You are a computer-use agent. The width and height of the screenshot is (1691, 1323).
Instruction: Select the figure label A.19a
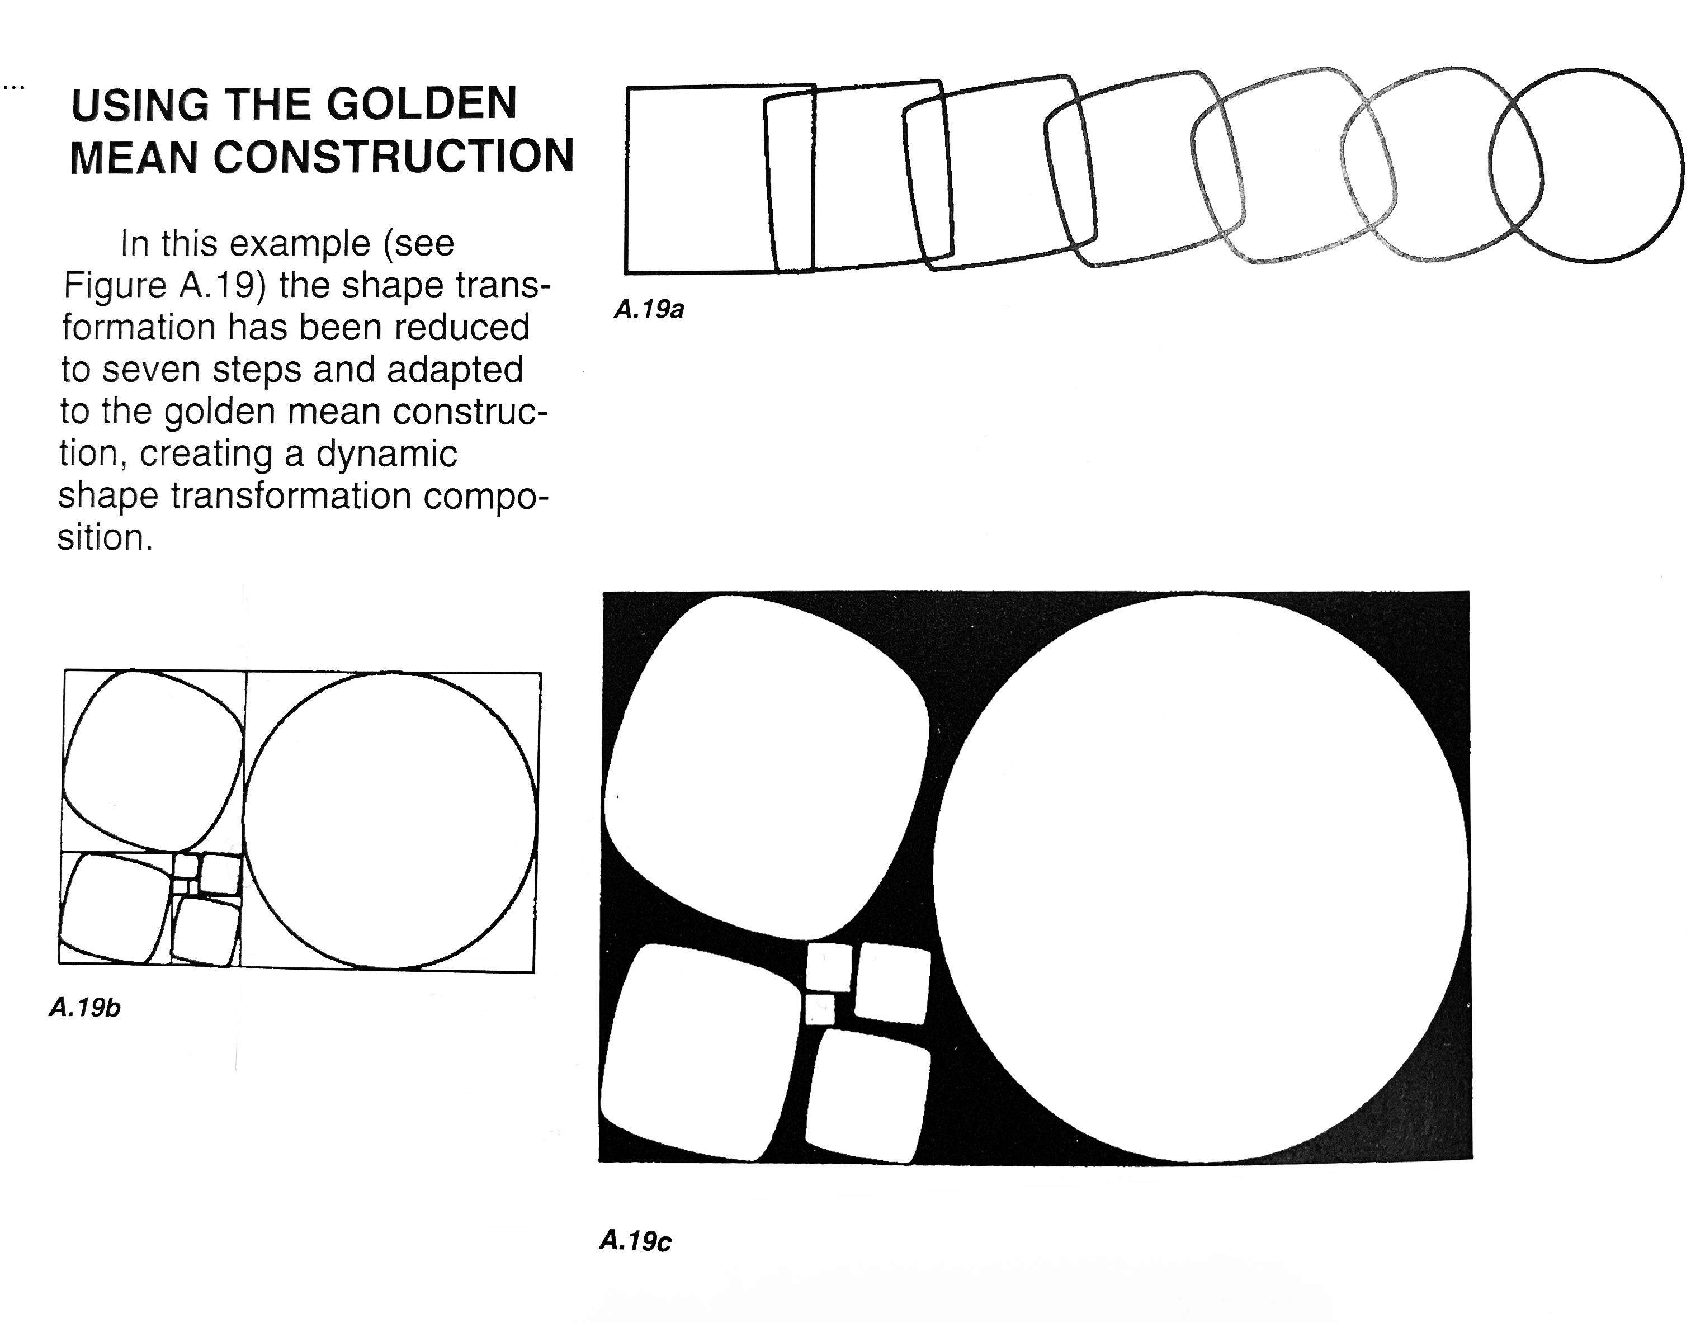tap(649, 310)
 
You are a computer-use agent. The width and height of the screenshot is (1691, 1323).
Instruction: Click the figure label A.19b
tap(84, 1008)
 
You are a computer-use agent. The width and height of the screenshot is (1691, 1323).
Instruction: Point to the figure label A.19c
tap(635, 1242)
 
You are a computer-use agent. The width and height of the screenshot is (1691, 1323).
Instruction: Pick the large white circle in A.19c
tap(1200, 878)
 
